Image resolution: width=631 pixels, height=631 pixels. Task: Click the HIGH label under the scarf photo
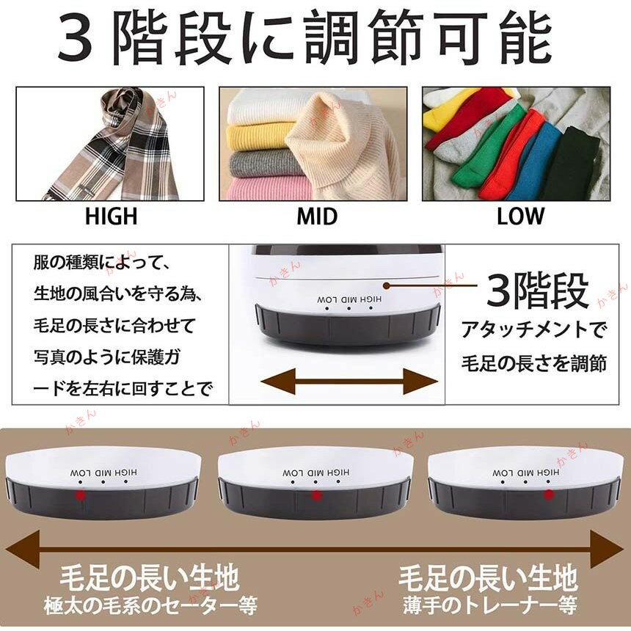111,216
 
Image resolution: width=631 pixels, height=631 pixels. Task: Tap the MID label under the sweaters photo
317,216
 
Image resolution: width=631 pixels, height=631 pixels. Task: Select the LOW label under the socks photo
520,216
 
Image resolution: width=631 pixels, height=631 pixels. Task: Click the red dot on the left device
81,495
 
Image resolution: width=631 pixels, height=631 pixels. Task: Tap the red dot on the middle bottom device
317,495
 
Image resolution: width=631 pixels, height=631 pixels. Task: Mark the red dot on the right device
549,495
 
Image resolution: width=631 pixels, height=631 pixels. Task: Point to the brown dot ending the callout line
387,285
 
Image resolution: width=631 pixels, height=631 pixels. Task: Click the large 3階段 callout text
538,291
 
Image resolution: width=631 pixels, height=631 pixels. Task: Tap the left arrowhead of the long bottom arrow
23,550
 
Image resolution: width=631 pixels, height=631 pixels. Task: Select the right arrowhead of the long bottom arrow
608,550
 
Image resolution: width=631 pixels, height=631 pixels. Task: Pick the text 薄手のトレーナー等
489,605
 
